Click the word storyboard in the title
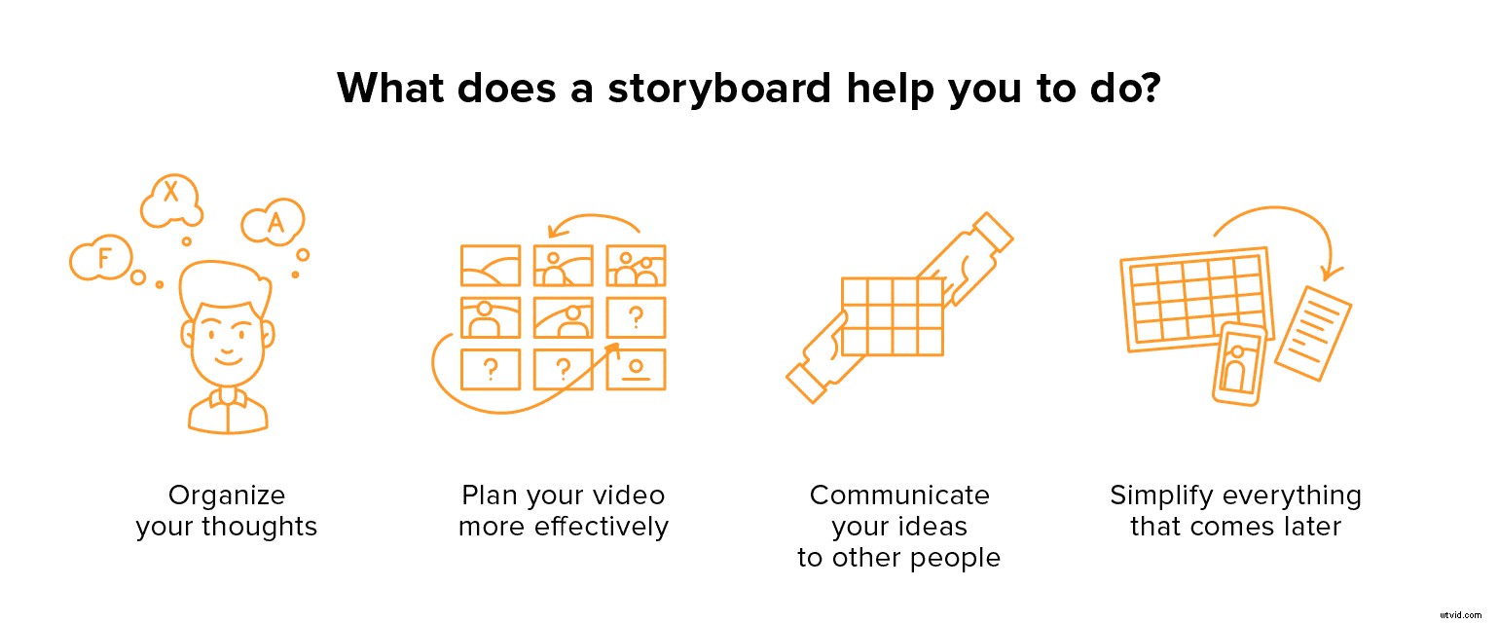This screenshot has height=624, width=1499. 718,89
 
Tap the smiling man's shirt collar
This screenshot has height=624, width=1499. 228,398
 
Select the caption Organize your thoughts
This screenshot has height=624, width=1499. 227,511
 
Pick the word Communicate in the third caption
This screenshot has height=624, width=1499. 899,495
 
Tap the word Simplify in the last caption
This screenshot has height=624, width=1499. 1161,495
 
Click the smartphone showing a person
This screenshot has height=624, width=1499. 1238,362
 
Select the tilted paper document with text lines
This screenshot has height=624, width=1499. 1313,332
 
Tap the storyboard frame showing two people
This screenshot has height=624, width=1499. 636,266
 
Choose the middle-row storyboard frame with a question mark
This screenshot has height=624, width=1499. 636,317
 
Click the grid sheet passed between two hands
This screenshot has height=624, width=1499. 892,316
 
